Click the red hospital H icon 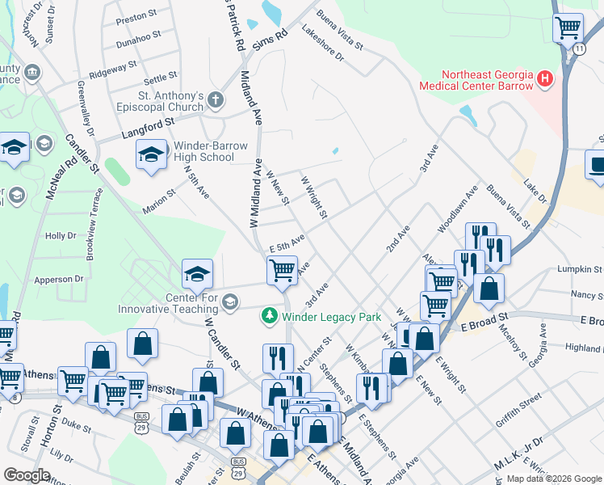point(546,79)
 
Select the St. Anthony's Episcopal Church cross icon point(215,99)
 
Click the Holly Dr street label point(61,236)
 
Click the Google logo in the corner point(27,475)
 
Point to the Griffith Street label point(519,399)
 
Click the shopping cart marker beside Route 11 point(568,27)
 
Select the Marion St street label point(158,198)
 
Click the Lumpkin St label point(580,268)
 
